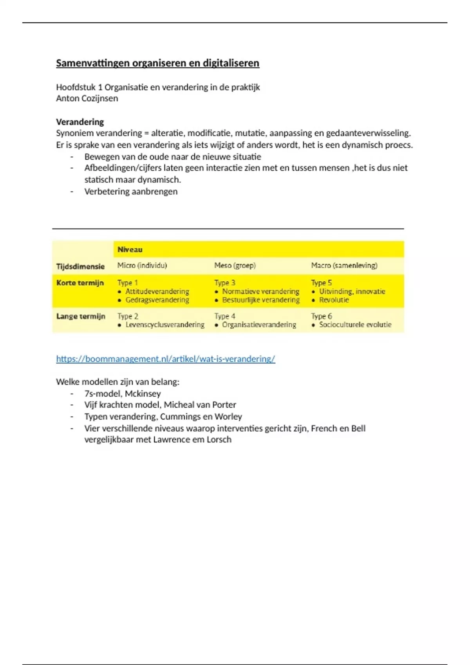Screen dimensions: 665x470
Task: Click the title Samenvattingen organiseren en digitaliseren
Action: pyautogui.click(x=157, y=63)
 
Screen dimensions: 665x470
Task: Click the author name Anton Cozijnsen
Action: pyautogui.click(x=87, y=98)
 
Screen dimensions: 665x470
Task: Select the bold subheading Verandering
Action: pyautogui.click(x=80, y=122)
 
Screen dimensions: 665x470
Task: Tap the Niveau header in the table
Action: pyautogui.click(x=130, y=250)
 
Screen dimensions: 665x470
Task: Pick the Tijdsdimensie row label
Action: pyautogui.click(x=80, y=266)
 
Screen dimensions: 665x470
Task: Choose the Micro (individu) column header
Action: pyautogui.click(x=142, y=266)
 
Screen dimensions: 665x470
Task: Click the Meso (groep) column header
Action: pyautogui.click(x=235, y=266)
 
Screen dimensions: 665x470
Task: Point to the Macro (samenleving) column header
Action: pyautogui.click(x=344, y=266)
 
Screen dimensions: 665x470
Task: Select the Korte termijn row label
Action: pyautogui.click(x=80, y=283)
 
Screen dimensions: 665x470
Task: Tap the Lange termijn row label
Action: pyautogui.click(x=81, y=316)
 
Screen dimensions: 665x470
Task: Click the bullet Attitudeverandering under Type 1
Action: pyautogui.click(x=157, y=291)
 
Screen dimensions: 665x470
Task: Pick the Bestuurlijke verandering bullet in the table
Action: pyautogui.click(x=260, y=300)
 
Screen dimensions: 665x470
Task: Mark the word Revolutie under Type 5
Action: pyautogui.click(x=334, y=300)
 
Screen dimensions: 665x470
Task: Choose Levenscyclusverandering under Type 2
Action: pyautogui.click(x=165, y=325)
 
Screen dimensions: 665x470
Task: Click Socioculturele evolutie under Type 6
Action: pyautogui.click(x=355, y=325)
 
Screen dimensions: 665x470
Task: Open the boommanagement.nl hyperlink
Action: pyautogui.click(x=165, y=359)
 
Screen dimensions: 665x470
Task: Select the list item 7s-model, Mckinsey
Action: pyautogui.click(x=122, y=394)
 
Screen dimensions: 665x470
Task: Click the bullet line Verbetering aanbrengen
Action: pyautogui.click(x=131, y=191)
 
